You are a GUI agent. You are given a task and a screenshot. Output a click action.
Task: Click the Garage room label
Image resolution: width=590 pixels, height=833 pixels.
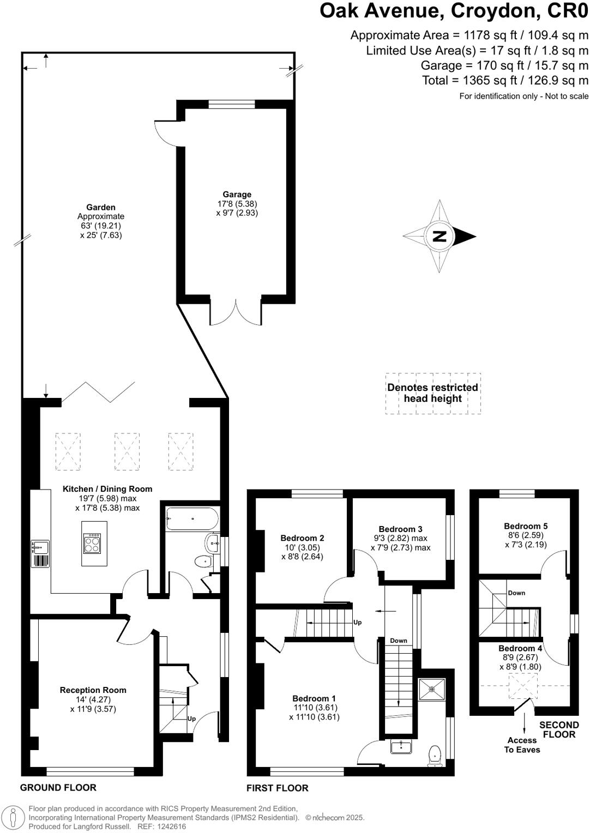237,195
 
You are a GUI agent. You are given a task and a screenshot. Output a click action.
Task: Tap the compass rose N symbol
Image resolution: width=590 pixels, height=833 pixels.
440,236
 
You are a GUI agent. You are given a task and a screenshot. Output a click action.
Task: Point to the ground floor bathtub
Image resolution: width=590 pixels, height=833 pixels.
192,518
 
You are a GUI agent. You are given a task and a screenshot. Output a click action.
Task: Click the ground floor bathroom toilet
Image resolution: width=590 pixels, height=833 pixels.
203,560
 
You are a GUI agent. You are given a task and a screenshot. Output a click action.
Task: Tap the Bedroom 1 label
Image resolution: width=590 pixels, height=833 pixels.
314,698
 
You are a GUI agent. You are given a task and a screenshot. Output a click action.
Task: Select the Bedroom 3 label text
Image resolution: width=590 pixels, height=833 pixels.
400,529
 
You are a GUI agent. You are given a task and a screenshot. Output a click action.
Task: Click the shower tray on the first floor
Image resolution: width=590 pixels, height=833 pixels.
432,689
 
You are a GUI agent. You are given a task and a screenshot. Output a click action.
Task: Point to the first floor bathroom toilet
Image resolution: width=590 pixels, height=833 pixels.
435,754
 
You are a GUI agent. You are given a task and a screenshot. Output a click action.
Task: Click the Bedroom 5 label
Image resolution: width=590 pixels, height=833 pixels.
526,526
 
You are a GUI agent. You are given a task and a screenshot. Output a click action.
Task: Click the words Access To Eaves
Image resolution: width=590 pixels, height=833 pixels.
522,745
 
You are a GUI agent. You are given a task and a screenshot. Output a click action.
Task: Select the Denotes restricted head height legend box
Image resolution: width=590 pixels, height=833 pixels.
433,393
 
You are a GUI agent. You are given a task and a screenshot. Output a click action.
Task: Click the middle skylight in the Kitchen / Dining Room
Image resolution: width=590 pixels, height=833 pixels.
127,451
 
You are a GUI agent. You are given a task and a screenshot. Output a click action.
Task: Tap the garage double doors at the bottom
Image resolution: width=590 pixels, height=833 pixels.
236,313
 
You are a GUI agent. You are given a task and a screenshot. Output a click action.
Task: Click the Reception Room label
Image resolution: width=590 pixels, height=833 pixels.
93,690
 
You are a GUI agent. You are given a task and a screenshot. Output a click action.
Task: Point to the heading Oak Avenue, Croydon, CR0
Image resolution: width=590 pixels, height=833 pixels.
454,11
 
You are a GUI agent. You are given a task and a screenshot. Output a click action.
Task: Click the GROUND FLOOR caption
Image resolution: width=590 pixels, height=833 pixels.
58,787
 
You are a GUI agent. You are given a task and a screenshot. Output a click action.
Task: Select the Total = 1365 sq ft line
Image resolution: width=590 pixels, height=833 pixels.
505,81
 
